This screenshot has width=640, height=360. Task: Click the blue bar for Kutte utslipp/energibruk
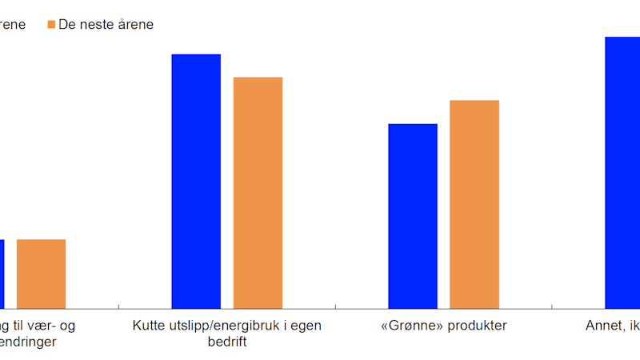[x=196, y=181]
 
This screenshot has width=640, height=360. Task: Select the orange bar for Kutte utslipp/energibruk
[x=258, y=192]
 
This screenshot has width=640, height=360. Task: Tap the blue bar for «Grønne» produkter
[x=413, y=216]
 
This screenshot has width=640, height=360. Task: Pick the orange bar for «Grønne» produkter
[x=474, y=204]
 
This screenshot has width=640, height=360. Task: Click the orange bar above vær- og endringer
[x=41, y=274]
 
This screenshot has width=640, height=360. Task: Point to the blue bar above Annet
[x=622, y=172]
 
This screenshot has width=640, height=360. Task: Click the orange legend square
[x=52, y=25]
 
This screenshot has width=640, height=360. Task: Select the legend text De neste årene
[x=106, y=25]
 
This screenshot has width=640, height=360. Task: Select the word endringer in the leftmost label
[x=29, y=342]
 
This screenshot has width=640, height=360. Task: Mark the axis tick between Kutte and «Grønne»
[x=335, y=306]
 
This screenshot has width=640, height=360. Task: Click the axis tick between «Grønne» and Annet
[x=552, y=306]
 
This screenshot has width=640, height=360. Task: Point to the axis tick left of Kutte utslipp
[x=118, y=306]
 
